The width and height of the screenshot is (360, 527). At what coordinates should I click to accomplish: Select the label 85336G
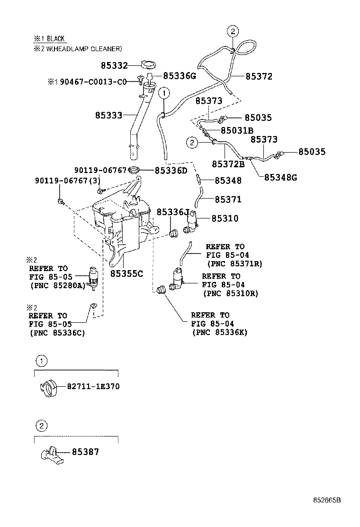(180, 76)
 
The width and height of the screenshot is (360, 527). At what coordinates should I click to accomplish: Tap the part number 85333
(108, 115)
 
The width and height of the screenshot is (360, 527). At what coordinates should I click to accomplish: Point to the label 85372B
(228, 164)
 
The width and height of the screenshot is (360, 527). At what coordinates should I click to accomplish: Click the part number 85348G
(280, 177)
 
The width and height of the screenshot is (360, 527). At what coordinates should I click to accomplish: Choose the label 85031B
(237, 130)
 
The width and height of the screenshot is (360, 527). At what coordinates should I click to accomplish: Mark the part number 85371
(228, 200)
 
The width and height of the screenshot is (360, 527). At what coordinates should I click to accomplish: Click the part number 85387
(85, 452)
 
